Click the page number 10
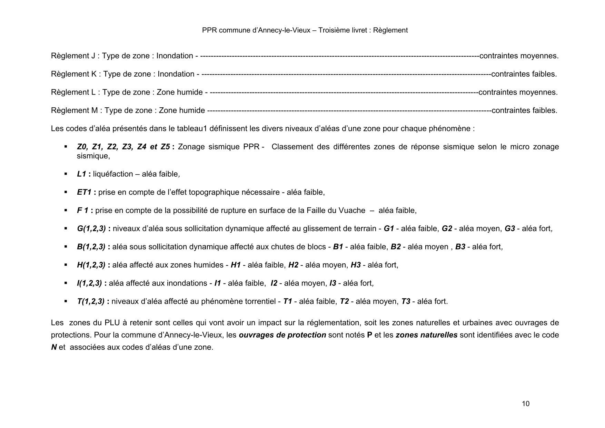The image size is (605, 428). pos(526,404)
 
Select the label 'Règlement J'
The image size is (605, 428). pos(73,56)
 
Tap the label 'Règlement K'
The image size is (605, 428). pos(73,74)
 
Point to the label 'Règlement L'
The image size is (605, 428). pos(73,93)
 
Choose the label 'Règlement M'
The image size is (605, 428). pos(74,111)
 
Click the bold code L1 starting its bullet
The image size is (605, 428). pos(81,174)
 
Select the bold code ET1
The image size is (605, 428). pos(84,192)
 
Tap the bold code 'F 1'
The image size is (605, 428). pos(82,211)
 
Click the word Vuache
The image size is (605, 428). pos(354,211)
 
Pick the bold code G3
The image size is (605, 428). pos(509,229)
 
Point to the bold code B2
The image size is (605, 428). pos(396,247)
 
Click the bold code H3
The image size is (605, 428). pos(356,265)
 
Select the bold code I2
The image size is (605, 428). pos(274,283)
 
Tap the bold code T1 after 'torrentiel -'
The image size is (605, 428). pos(287,302)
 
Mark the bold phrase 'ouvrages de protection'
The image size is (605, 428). pos(282,335)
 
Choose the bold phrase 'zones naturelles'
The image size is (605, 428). pos(426,335)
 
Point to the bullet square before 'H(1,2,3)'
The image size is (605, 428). pos(66,265)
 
